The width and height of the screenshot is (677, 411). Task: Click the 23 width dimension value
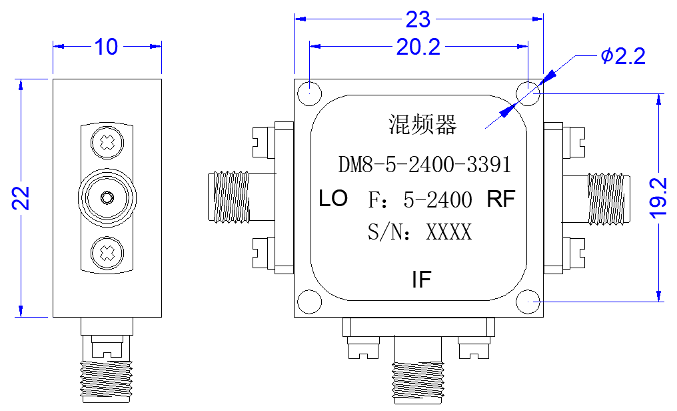pyautogui.click(x=418, y=19)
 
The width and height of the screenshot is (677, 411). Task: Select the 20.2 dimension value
pyautogui.click(x=418, y=47)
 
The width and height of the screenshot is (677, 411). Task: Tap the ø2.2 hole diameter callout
pyautogui.click(x=623, y=56)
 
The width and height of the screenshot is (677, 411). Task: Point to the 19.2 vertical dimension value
pyautogui.click(x=658, y=198)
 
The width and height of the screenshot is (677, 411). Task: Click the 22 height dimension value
pyautogui.click(x=21, y=198)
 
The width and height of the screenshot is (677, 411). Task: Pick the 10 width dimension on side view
pyautogui.click(x=106, y=47)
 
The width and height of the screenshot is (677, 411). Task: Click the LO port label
pyautogui.click(x=333, y=198)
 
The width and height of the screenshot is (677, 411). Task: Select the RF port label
pyautogui.click(x=501, y=199)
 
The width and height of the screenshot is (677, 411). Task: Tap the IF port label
pyautogui.click(x=421, y=279)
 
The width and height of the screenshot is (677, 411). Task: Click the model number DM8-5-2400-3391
pyautogui.click(x=424, y=165)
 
